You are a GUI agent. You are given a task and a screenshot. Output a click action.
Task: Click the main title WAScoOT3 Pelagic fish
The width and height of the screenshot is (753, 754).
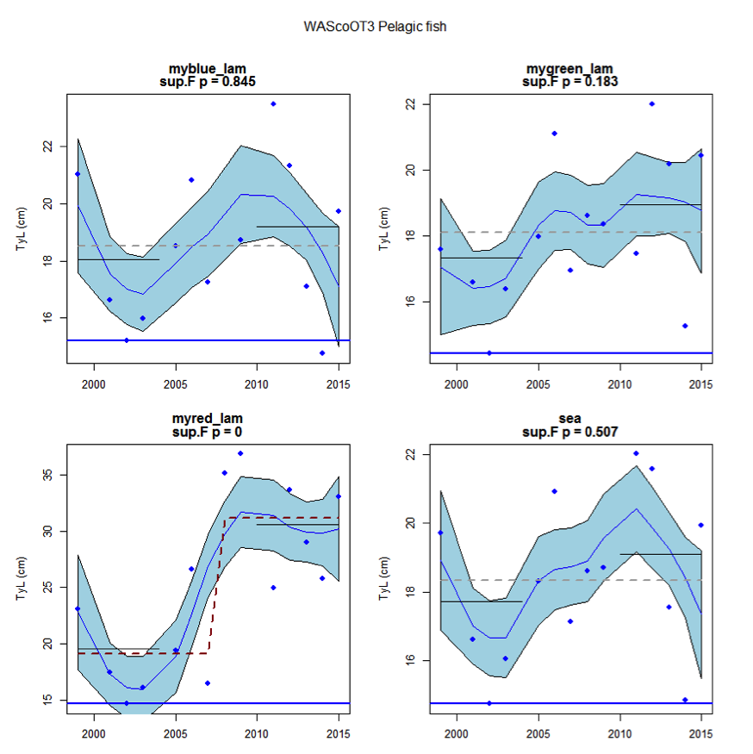pyautogui.click(x=375, y=27)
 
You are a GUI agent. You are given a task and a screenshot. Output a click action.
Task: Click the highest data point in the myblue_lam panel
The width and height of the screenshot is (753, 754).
pyautogui.click(x=273, y=103)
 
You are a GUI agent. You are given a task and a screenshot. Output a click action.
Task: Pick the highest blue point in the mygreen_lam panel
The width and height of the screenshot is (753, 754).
pyautogui.click(x=652, y=103)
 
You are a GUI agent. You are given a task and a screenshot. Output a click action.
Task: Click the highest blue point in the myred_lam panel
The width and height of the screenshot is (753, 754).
pyautogui.click(x=240, y=453)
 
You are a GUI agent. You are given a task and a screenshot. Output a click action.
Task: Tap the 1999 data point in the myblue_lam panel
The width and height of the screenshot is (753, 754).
pyautogui.click(x=78, y=174)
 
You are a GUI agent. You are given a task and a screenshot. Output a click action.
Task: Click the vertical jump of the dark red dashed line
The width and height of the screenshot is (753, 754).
pyautogui.click(x=217, y=586)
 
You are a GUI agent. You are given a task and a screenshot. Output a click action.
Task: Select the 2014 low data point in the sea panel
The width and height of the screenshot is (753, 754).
pyautogui.click(x=685, y=700)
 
